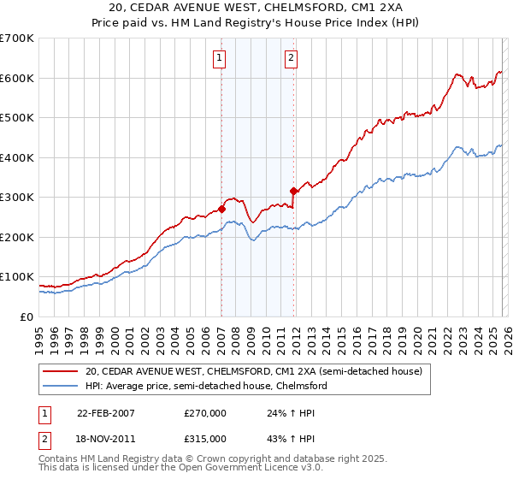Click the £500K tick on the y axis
pos(17,118)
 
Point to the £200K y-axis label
pos(17,237)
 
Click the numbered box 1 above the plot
pos(221,58)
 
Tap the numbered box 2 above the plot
pos(292,58)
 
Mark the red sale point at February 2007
pos(221,209)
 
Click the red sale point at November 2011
pos(293,191)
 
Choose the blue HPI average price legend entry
pos(206,386)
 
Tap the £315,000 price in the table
pos(204,438)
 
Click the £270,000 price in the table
pos(204,412)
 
